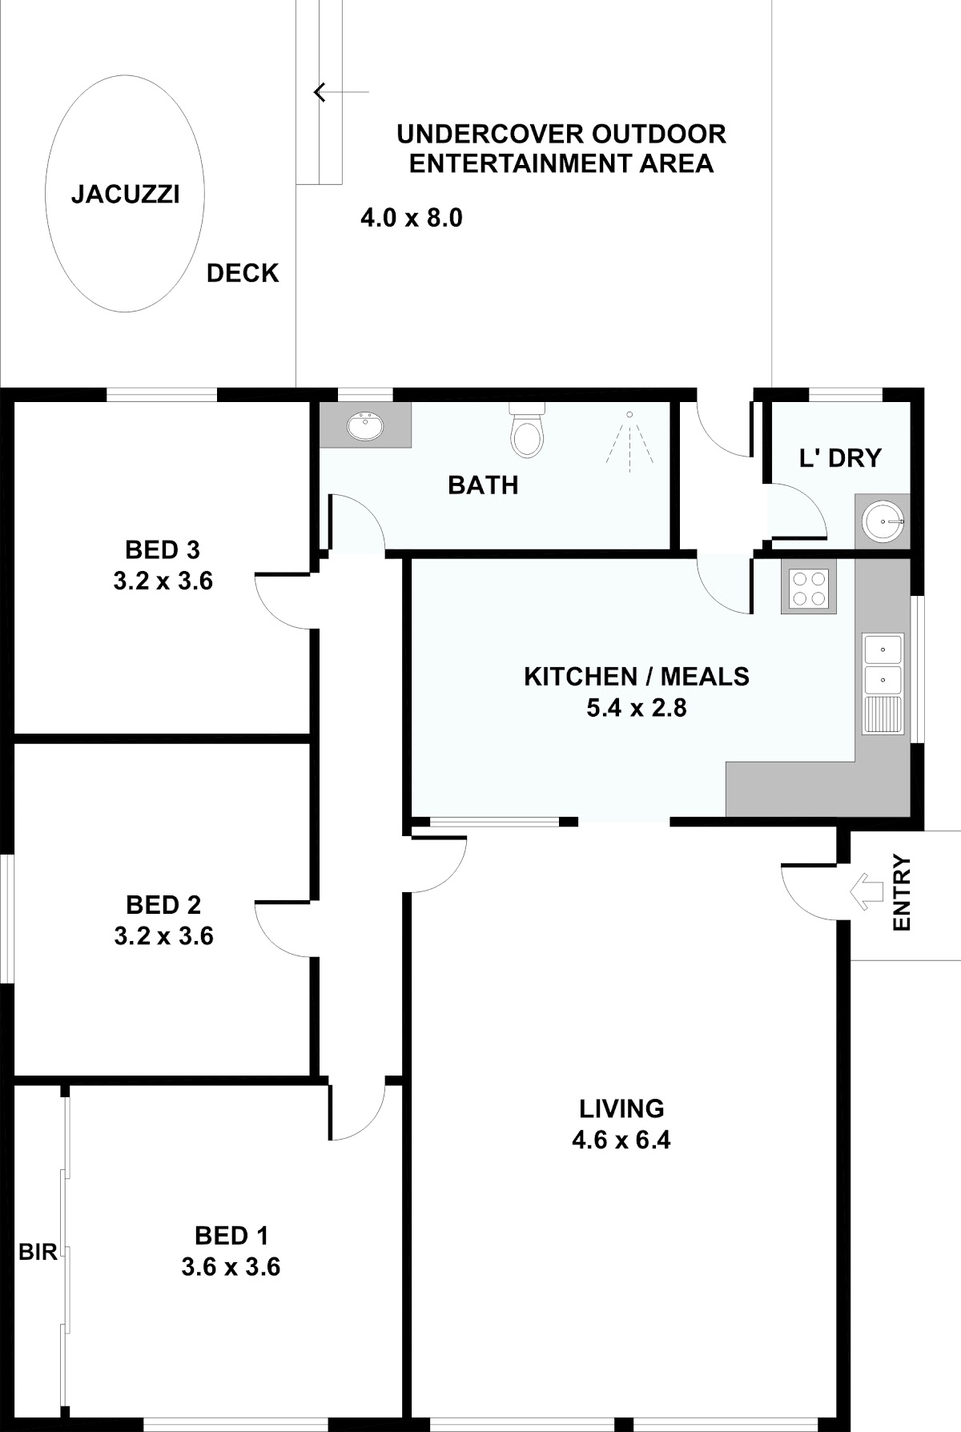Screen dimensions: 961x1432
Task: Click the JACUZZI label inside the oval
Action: pos(125,194)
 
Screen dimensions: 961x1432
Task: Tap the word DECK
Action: pos(243,273)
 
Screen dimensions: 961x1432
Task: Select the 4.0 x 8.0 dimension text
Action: pos(412,218)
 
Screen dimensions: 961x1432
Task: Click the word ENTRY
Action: pos(902,893)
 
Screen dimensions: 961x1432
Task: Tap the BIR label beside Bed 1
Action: pos(38,1252)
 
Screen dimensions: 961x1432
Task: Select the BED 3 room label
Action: pos(163,550)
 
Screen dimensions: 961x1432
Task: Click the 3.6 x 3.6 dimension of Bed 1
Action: pos(231,1267)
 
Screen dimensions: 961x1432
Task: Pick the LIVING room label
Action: pos(621,1108)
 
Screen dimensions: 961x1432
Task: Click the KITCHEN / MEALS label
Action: pos(637,677)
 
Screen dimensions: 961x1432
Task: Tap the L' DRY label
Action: pos(840,458)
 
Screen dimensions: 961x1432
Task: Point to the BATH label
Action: pos(483,485)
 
